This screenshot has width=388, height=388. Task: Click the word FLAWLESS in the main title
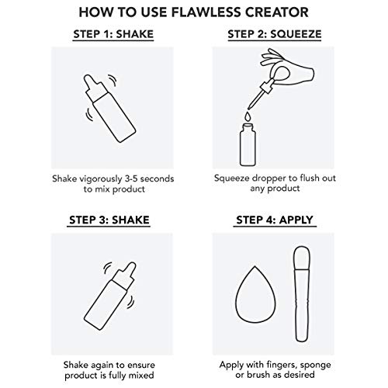pyautogui.click(x=206, y=12)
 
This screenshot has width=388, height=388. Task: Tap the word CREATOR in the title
pyautogui.click(x=277, y=12)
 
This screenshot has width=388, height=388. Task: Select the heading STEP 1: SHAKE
pyautogui.click(x=113, y=34)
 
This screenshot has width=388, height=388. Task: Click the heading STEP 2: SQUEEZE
pyautogui.click(x=275, y=34)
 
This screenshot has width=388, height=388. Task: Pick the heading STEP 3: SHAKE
pyautogui.click(x=109, y=220)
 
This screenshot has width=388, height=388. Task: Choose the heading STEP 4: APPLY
pyautogui.click(x=275, y=220)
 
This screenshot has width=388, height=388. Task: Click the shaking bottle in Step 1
pyautogui.click(x=109, y=108)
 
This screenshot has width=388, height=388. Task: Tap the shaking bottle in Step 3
pyautogui.click(x=110, y=296)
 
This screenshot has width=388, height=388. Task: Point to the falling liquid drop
pyautogui.click(x=248, y=116)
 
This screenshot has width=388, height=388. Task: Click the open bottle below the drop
pyautogui.click(x=248, y=145)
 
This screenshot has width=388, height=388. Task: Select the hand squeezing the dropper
pyautogui.click(x=288, y=68)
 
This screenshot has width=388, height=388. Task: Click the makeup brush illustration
pyautogui.click(x=302, y=293)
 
